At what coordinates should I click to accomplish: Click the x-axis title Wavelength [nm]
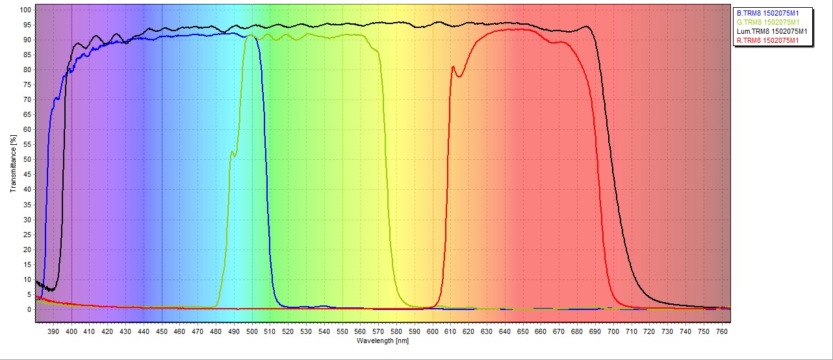click(383, 341)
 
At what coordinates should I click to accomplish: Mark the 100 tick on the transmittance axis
click(25, 10)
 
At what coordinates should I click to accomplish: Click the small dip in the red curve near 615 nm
click(459, 77)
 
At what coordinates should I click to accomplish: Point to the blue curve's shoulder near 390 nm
click(57, 99)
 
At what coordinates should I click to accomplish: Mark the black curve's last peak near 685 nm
click(587, 27)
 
